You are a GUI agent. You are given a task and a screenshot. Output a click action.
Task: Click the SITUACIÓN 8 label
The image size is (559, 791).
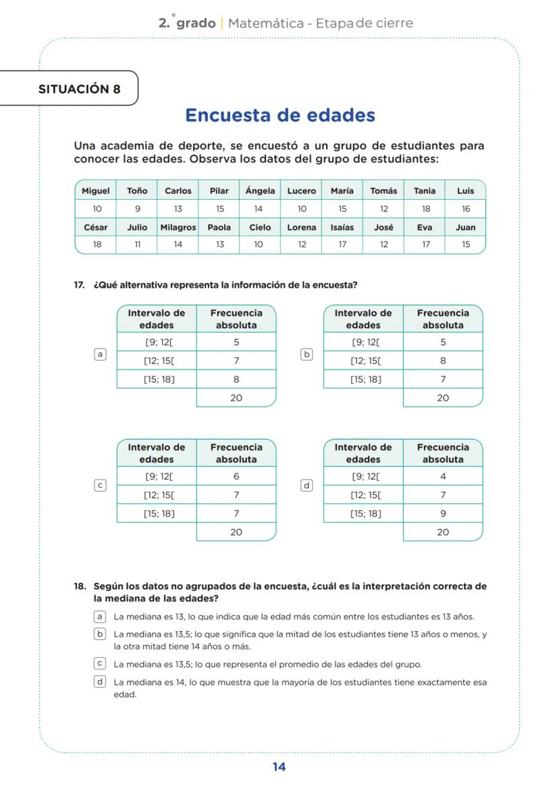[x=79, y=89]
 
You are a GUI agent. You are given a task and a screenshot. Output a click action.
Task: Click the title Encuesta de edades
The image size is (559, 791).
[x=279, y=115]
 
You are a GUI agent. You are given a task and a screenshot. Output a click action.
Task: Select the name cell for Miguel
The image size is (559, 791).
[x=95, y=191]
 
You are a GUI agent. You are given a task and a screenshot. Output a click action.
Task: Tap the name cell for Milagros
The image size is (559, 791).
[x=178, y=228]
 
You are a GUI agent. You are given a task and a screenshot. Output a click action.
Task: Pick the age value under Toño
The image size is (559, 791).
[x=137, y=209]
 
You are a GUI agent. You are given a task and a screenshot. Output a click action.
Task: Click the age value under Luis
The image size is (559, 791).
[x=465, y=209]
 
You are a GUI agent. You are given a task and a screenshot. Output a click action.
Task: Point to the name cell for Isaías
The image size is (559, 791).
[x=342, y=228]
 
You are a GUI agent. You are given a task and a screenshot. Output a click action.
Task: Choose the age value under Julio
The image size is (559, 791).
[x=137, y=245]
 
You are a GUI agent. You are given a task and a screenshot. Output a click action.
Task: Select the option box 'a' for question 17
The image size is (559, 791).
[x=100, y=354]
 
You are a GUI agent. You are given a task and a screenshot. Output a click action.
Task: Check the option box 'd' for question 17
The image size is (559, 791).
[x=307, y=485]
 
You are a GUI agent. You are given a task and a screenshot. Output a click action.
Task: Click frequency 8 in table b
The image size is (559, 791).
[x=443, y=361]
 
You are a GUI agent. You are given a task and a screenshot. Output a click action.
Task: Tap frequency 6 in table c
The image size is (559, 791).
[x=236, y=476]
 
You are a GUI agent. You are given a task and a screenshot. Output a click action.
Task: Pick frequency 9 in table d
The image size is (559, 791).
[x=443, y=513]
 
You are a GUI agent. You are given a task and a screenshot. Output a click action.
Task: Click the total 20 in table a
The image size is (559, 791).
[x=236, y=398]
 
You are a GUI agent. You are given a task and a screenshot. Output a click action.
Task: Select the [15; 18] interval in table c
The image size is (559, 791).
[x=159, y=513]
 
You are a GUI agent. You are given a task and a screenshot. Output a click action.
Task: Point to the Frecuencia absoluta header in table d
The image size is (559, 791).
[x=443, y=453]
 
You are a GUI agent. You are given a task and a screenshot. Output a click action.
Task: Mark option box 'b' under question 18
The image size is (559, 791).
[x=100, y=634]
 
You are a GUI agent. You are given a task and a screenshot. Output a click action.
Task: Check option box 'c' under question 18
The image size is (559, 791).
[x=100, y=663]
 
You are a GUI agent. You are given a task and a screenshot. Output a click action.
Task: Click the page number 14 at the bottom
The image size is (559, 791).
[x=279, y=767]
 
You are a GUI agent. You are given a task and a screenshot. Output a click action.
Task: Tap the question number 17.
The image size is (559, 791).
[x=79, y=285]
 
